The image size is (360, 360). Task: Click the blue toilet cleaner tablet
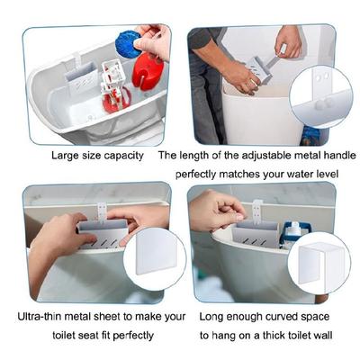[128, 44]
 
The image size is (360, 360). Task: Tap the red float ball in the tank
[148, 71]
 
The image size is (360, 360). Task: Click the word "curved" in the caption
[282, 317]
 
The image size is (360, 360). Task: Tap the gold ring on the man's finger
[254, 81]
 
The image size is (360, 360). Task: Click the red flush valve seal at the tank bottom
[116, 99]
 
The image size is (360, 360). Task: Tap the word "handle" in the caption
[339, 155]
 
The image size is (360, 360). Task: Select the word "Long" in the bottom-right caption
[211, 317]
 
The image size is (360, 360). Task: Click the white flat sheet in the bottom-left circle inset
[156, 254]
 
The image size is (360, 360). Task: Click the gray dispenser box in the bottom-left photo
[103, 233]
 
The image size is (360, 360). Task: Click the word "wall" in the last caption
[322, 335]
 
